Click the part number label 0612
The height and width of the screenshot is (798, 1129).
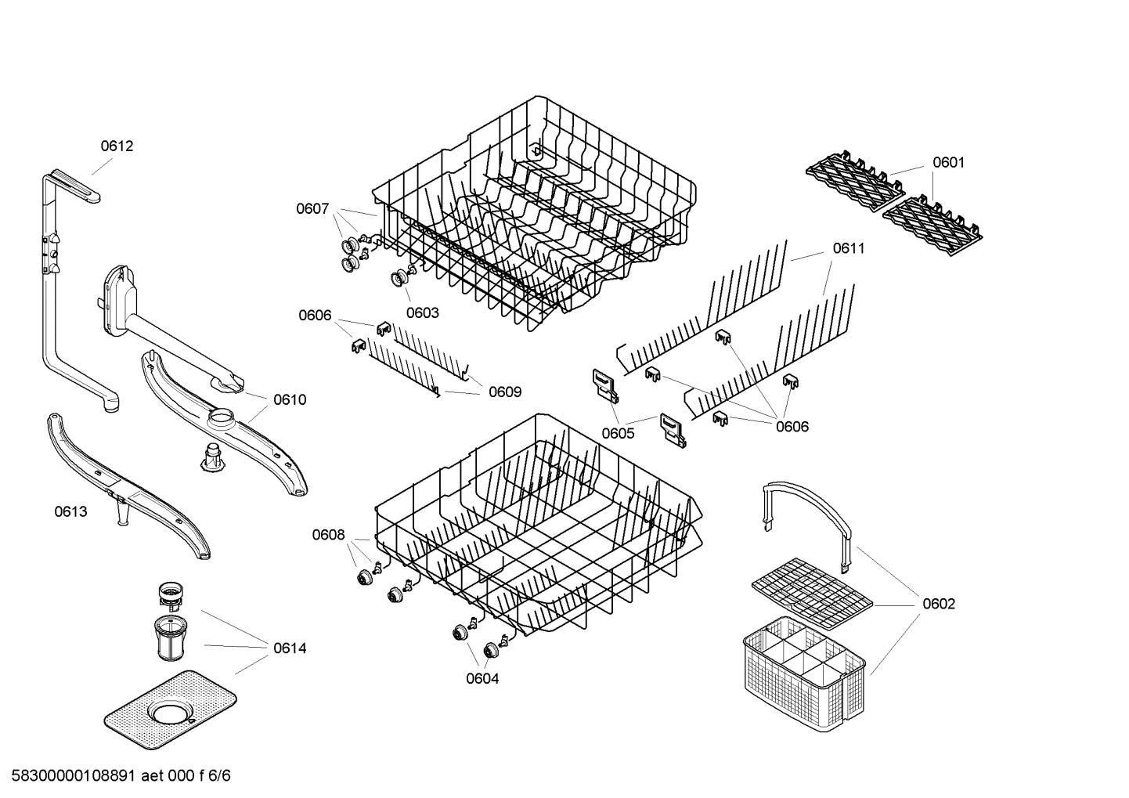point(117,146)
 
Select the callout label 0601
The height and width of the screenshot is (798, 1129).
point(948,162)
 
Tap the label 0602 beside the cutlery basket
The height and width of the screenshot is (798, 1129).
point(938,604)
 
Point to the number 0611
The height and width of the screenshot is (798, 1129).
point(849,248)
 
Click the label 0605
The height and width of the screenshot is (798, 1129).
point(618,433)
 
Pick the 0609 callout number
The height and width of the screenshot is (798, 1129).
point(505,392)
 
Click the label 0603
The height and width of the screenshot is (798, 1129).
point(422,312)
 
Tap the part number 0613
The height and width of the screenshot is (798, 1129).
point(70,511)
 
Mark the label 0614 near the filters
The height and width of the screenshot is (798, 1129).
point(290,648)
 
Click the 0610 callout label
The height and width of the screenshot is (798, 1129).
point(290,399)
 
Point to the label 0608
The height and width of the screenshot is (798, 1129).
point(328,534)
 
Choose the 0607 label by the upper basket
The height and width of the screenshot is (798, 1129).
point(312,208)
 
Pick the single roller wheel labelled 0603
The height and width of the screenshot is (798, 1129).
point(402,278)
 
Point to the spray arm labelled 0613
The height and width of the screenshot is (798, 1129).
point(125,486)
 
